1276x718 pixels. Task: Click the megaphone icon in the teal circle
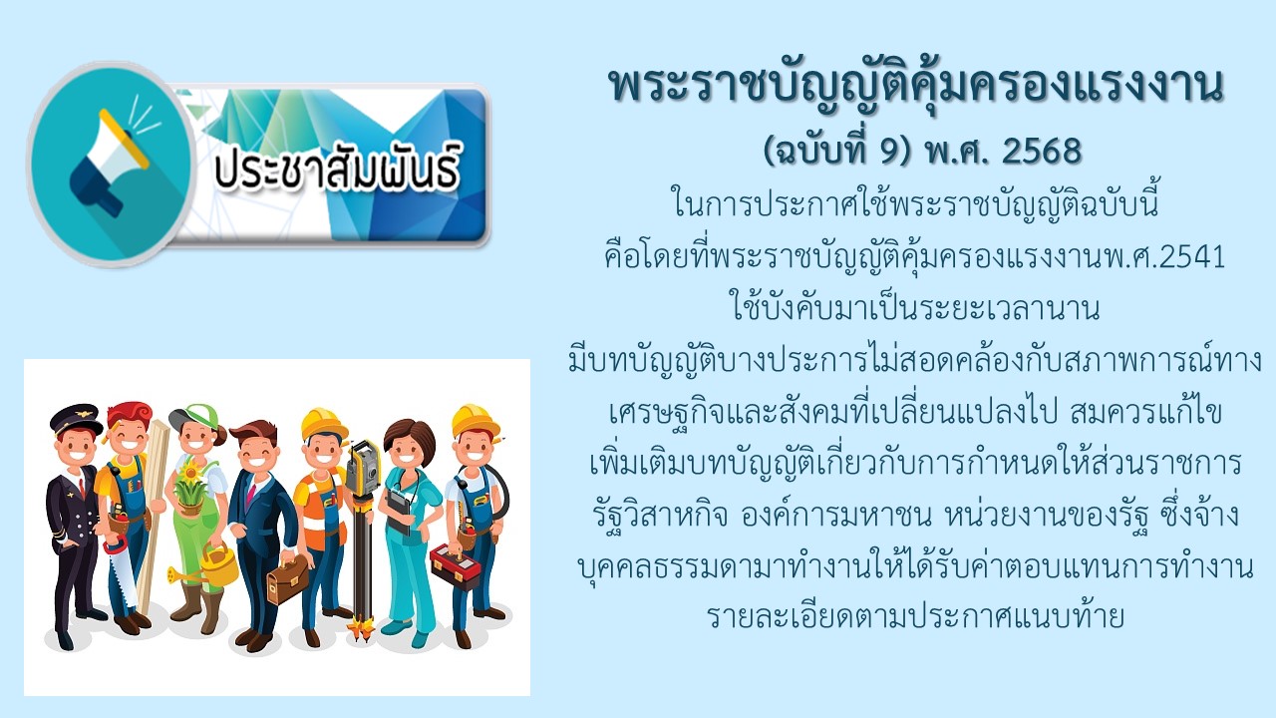click(109, 166)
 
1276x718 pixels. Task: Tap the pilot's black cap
click(76, 419)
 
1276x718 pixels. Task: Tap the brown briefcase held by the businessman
click(288, 578)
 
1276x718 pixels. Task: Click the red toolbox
click(456, 565)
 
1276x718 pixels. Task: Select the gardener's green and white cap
click(196, 416)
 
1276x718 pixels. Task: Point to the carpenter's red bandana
click(129, 413)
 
